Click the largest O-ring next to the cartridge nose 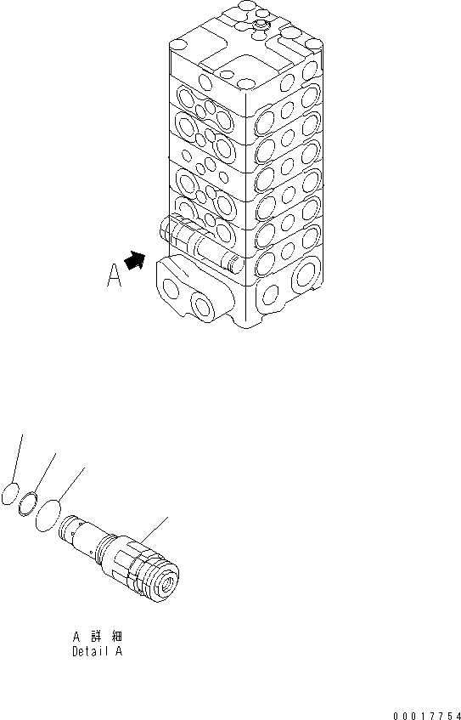(x=48, y=516)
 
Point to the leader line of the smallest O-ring (x=18, y=459)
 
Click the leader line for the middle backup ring (x=44, y=473)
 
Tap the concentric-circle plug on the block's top (x=261, y=30)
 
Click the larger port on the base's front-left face (x=205, y=303)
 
